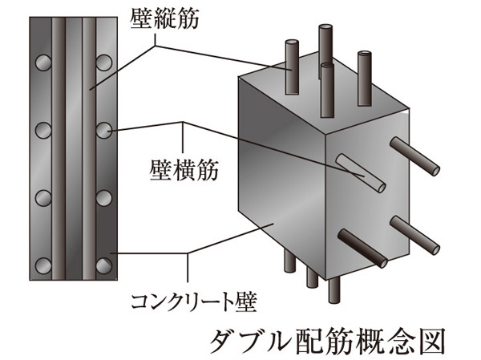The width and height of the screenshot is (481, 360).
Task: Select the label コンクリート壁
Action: coord(196,303)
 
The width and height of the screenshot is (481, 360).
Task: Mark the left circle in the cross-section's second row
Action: coord(43,128)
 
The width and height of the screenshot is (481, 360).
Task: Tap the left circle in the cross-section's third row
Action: coord(43,197)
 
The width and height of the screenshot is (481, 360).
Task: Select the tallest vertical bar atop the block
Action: coord(325,44)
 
